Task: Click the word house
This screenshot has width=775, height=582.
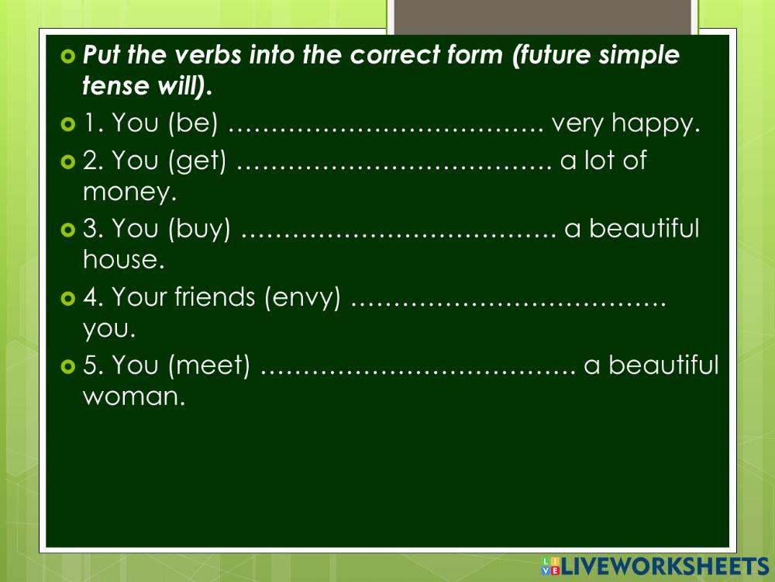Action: [124, 260]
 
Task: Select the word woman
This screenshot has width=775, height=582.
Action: [134, 397]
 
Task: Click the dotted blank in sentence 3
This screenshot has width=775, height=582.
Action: [399, 231]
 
